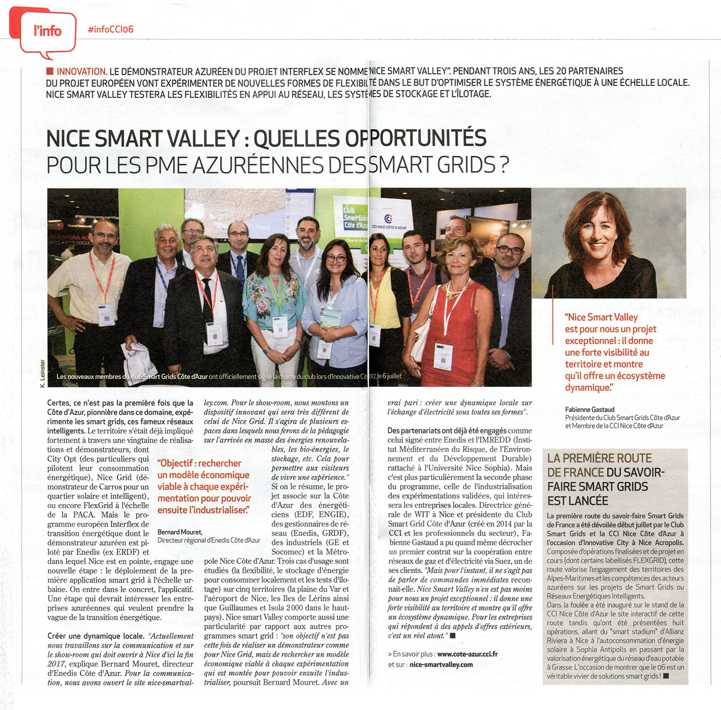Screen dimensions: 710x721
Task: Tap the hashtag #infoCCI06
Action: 111,29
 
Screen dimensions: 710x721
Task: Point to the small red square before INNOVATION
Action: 50,71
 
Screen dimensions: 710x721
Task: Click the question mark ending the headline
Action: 504,165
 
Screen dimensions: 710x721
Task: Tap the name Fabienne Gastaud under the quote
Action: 590,410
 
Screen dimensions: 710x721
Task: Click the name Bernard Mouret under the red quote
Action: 179,532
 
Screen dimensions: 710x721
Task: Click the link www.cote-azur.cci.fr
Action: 467,654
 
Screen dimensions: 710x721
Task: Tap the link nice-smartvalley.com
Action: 441,664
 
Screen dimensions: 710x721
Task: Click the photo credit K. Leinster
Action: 43,373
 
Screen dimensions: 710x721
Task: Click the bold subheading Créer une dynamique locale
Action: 96,636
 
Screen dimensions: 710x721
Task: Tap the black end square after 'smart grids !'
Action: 666,676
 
